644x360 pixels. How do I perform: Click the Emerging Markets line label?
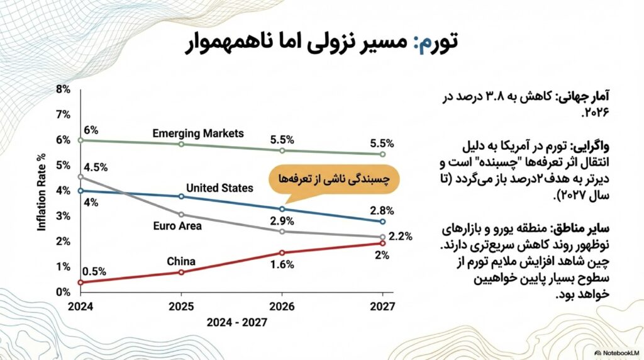pyautogui.click(x=197, y=133)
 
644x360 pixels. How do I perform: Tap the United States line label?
pyautogui.click(x=219, y=188)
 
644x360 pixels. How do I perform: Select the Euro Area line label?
pyautogui.click(x=177, y=225)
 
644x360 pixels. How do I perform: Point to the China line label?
pyautogui.click(x=181, y=261)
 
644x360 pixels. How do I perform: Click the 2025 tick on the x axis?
pyautogui.click(x=181, y=307)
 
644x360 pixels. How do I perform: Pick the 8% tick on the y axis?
pyautogui.click(x=63, y=89)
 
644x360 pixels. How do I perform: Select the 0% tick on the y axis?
pyautogui.click(x=63, y=292)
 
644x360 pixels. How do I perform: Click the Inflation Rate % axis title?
pyautogui.click(x=43, y=190)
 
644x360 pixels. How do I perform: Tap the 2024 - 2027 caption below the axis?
pyautogui.click(x=231, y=322)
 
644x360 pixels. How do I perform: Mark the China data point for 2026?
pyautogui.click(x=282, y=253)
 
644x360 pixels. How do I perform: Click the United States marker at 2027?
pyautogui.click(x=382, y=222)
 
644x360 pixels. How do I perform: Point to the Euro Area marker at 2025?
pyautogui.click(x=181, y=215)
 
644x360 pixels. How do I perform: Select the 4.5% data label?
pyautogui.click(x=96, y=167)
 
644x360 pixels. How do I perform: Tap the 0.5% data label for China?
pyautogui.click(x=94, y=271)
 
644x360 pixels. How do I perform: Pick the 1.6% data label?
pyautogui.click(x=283, y=265)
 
